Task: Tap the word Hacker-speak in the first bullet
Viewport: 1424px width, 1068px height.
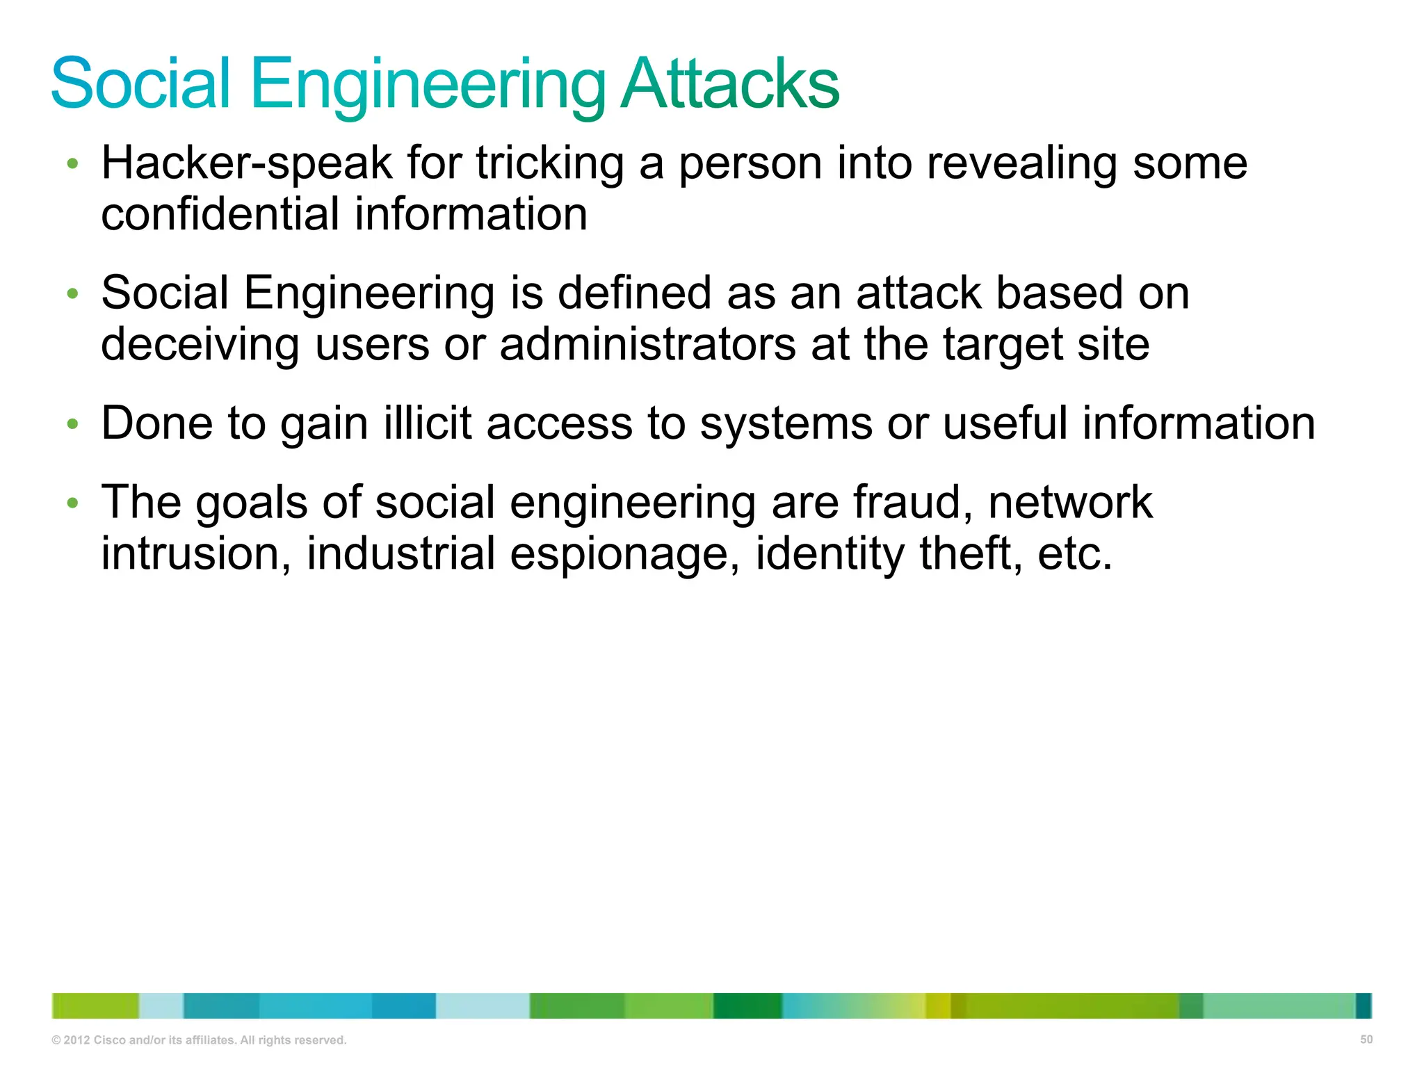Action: coord(247,164)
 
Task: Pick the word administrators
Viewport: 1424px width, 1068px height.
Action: coord(647,345)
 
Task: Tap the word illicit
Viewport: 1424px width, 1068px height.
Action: coord(428,423)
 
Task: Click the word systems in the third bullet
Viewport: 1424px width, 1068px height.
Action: coord(785,425)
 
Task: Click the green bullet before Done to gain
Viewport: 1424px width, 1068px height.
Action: coord(72,423)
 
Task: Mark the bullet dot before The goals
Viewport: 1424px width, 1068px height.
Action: coord(72,502)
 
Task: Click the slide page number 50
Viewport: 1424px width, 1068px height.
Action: coord(1366,1039)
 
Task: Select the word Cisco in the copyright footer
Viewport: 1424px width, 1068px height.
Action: coord(109,1040)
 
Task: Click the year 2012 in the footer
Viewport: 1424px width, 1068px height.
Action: coord(76,1040)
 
